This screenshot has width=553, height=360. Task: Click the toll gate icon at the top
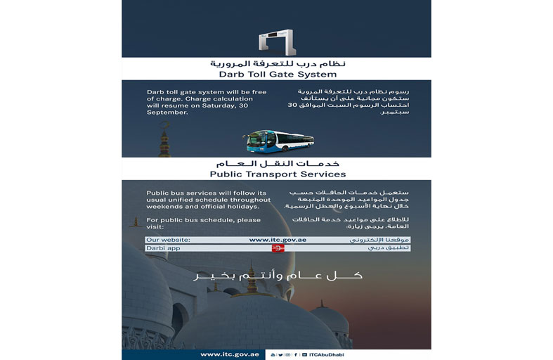pos(276,41)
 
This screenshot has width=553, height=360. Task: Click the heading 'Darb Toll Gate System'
pos(276,74)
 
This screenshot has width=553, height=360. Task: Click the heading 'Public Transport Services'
pos(276,174)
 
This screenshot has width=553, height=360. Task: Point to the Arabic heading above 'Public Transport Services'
pos(276,162)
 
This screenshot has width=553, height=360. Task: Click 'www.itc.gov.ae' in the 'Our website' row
pos(278,240)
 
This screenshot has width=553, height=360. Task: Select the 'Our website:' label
pos(169,240)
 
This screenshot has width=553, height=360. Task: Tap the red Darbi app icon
pos(278,248)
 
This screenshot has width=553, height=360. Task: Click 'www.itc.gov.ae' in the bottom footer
pos(230,354)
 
